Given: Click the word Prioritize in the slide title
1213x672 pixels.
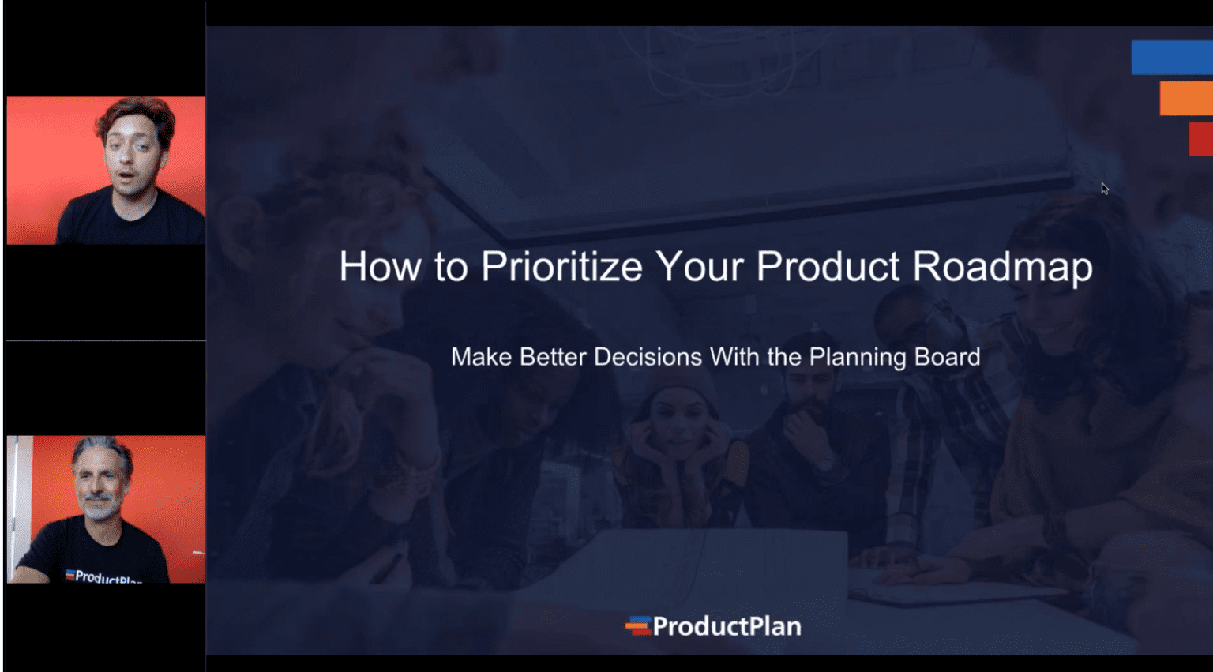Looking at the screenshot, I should [561, 267].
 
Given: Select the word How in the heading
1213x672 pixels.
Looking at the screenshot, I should [379, 267].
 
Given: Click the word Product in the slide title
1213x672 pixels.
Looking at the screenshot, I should [827, 267].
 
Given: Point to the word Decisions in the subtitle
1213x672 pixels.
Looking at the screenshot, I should [648, 357].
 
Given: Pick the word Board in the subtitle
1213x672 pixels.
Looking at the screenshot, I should [947, 357].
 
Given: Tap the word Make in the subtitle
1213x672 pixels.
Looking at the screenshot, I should [481, 357].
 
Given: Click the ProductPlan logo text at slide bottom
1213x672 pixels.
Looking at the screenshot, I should [727, 627].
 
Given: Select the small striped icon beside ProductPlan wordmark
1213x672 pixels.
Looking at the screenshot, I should [637, 626].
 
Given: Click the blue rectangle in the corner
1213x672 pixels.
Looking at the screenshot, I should [1171, 58].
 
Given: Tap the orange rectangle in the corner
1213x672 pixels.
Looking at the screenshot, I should [1185, 99].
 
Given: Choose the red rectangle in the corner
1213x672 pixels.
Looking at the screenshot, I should [1200, 139].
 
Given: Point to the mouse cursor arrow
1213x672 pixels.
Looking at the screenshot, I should [1104, 188].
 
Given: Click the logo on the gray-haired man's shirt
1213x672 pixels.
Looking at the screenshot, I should [103, 576].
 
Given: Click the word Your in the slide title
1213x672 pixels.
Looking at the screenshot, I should [698, 267].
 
